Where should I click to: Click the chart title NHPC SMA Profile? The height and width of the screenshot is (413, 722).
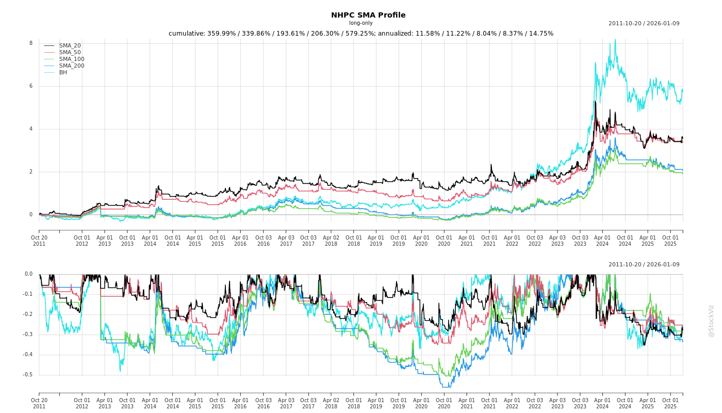coord(368,15)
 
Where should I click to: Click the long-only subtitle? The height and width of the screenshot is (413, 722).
coord(360,23)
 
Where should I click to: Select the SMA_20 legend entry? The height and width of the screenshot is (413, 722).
coord(70,46)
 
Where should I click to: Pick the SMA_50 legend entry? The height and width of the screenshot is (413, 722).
coord(70,53)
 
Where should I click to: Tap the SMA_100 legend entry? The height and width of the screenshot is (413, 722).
coord(72,59)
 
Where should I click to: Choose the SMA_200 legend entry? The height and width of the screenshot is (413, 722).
coord(72,66)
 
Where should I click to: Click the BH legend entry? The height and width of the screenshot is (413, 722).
coord(63,73)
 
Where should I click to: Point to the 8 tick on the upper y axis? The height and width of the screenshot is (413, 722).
coord(31,43)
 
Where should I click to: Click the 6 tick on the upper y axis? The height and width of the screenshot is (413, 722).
coord(31,86)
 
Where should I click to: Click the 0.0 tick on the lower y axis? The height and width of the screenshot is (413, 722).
coord(28,274)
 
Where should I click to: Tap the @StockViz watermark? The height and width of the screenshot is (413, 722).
coord(711,321)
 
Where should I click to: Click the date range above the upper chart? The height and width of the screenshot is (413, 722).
coord(644,24)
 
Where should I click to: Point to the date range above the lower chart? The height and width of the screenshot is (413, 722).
coord(644,265)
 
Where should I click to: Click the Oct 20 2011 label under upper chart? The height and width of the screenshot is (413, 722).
coord(39,241)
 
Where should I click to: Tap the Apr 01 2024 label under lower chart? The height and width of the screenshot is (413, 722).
coord(602,403)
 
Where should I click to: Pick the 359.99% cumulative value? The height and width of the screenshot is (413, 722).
coord(221,34)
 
